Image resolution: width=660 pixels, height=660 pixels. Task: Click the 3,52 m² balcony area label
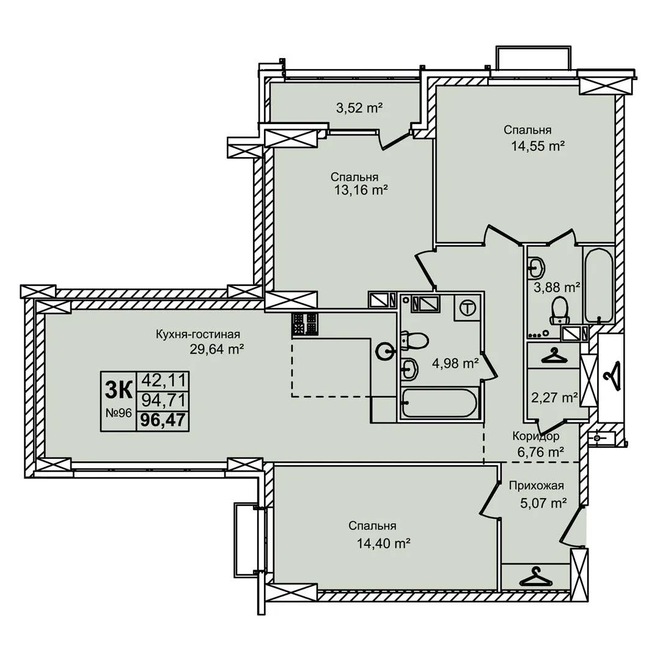point(359,108)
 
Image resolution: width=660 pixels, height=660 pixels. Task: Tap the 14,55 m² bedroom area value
point(538,146)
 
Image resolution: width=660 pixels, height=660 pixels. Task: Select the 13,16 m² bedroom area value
point(361,190)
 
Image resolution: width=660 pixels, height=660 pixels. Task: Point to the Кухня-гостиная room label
point(198,334)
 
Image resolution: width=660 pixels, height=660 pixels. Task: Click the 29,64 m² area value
point(217,350)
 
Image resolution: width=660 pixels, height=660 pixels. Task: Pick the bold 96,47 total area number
point(163,420)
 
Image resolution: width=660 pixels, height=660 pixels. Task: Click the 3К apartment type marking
point(119,390)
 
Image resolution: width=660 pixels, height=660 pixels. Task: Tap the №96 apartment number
point(119,413)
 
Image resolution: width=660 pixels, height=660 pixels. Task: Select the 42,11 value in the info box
point(163,381)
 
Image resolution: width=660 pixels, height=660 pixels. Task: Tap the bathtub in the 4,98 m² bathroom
point(438,403)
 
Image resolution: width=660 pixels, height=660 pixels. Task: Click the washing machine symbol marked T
point(468,307)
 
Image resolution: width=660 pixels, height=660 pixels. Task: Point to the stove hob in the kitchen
point(305,324)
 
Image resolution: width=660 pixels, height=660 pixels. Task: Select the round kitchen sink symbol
point(385,351)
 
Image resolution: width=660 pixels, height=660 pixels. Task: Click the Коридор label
point(535,436)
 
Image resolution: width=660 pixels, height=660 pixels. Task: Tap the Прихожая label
point(537,486)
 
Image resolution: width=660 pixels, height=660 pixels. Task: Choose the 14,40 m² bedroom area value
point(383,543)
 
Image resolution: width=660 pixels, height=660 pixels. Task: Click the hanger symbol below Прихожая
point(535,577)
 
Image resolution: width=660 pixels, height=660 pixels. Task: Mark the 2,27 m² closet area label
point(554,397)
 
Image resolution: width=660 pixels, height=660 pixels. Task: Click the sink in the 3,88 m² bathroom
point(537,267)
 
